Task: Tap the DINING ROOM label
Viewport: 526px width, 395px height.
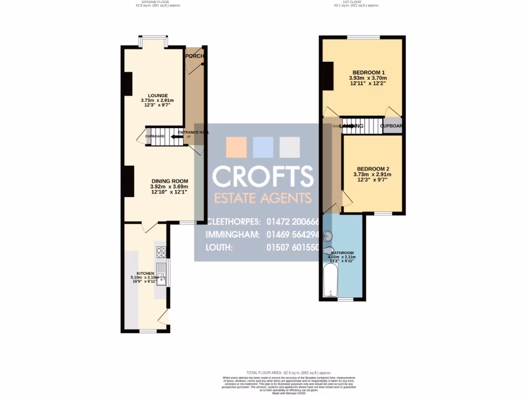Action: [x=170, y=181]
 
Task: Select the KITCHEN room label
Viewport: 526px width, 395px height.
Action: [x=145, y=273]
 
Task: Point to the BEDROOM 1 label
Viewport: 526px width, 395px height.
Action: [x=368, y=73]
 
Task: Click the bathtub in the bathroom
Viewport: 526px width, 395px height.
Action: [x=329, y=281]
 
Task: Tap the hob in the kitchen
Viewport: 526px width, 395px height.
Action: [x=161, y=252]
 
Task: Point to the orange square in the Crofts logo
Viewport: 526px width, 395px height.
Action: [x=236, y=147]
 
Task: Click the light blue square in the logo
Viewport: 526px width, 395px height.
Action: [x=263, y=147]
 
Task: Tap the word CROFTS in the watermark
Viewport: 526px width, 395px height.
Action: [x=262, y=176]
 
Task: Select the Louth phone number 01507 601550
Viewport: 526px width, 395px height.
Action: [x=293, y=247]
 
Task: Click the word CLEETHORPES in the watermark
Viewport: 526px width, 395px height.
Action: [x=234, y=222]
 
